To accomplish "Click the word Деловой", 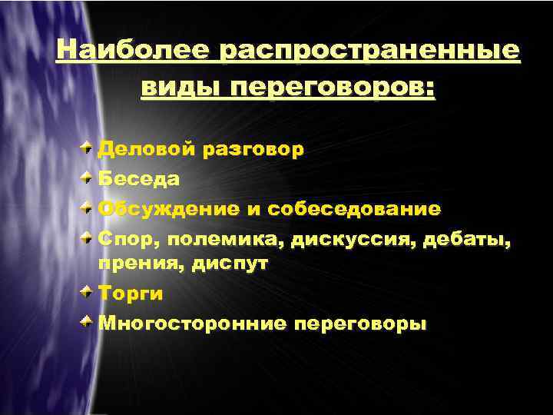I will [x=145, y=148].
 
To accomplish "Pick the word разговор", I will [x=253, y=148].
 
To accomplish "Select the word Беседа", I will [x=139, y=179].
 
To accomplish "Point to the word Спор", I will [x=127, y=240].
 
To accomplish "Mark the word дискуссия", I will [x=341, y=240].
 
